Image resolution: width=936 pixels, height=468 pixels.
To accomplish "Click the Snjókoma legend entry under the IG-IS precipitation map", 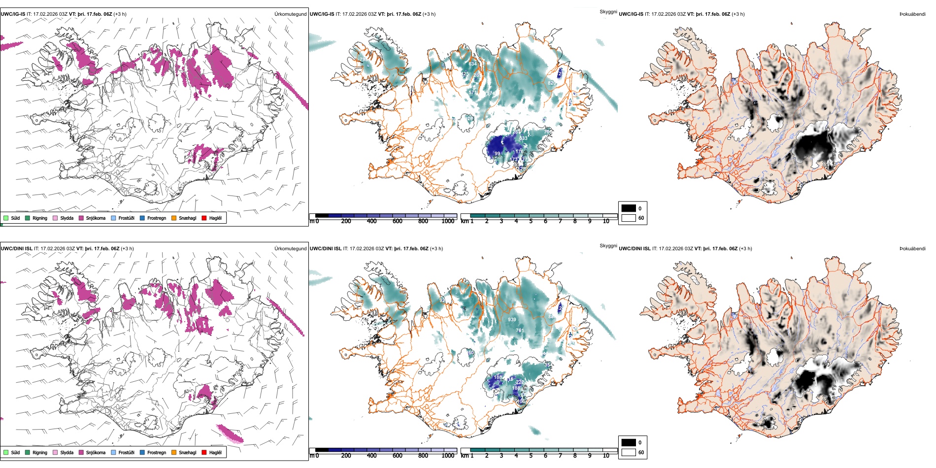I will tap(96, 218).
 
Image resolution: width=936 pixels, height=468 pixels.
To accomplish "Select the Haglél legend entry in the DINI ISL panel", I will tap(215, 453).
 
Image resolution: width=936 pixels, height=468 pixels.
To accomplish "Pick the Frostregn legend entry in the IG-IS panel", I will tap(156, 218).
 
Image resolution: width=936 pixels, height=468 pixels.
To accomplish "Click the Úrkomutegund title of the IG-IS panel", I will tap(290, 14).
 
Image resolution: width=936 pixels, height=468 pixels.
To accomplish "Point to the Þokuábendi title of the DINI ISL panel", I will tap(912, 249).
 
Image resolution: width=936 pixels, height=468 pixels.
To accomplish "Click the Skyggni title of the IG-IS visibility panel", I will tap(608, 12).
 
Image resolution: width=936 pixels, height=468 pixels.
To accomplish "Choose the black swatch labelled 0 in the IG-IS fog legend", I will tap(629, 208).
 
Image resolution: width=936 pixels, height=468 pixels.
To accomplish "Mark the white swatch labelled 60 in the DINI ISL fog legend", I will tap(629, 452).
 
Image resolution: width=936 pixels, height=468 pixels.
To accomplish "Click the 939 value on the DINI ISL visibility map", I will tap(512, 320).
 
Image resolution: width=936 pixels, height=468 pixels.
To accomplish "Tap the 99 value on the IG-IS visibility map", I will tap(497, 154).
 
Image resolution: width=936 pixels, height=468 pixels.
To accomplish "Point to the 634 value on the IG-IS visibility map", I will tap(472, 64).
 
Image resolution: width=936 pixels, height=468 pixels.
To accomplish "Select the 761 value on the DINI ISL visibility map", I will tap(520, 331).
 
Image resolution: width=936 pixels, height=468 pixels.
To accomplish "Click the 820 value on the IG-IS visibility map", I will tap(552, 83).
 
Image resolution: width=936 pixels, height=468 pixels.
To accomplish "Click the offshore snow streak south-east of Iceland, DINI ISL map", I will tap(230, 434).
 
